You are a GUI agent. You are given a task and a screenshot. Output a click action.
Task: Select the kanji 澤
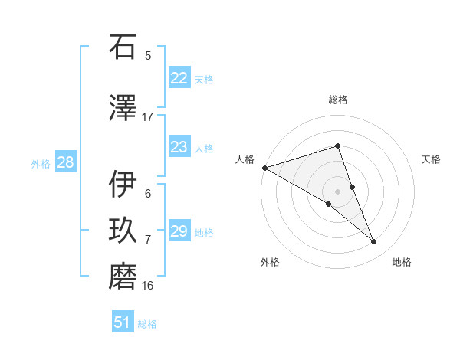pos(123,109)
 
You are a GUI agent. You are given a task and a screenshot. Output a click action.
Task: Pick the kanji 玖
pos(123,231)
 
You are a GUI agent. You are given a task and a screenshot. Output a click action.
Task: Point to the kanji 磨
pos(123,277)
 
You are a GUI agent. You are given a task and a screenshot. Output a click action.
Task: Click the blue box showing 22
pos(179,78)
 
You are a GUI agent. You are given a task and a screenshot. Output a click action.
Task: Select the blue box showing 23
pos(179,147)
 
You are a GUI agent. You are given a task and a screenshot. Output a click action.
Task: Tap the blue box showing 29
pos(179,231)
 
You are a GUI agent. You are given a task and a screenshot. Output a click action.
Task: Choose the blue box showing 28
pos(65,162)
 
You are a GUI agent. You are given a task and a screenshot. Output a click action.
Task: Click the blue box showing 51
pos(123,322)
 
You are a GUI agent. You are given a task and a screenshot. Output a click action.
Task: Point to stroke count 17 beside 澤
pos(148,116)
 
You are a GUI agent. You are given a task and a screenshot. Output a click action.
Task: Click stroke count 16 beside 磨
pos(148,286)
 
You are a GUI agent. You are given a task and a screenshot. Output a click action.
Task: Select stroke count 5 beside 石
pos(148,55)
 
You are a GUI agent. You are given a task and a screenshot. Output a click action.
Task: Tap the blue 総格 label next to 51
pos(147,324)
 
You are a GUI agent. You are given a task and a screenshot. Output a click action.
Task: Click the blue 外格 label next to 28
pos(41,163)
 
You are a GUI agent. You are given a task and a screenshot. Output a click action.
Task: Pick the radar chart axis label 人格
pos(245,159)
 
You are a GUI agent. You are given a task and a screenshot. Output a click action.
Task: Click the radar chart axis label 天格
pos(431,159)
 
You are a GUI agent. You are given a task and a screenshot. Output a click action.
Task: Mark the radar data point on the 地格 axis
pos(374,242)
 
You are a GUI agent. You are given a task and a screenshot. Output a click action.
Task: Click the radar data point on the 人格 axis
pos(264,167)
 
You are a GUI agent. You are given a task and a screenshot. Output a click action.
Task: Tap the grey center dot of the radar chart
pos(337,191)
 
